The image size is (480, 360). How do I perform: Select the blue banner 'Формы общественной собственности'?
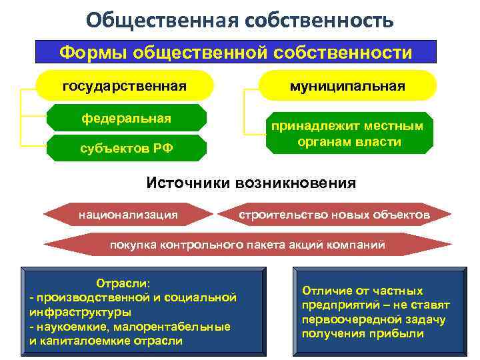236,52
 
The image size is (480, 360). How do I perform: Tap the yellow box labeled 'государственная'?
124,86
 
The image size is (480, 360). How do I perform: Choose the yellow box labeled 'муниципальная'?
347,86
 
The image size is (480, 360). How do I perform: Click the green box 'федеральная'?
126,119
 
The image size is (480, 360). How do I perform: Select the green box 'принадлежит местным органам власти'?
347,133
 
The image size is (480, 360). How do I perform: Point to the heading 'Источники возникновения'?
251,182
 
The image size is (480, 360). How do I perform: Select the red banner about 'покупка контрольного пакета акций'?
247,245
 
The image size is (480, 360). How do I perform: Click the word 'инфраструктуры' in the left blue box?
80,311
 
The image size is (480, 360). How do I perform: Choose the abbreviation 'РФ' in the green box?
163,148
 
